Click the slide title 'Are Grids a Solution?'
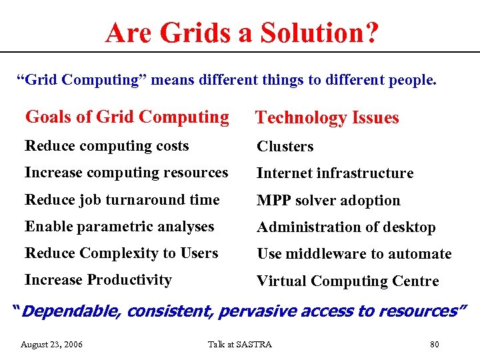click(x=241, y=32)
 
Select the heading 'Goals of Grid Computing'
click(x=127, y=117)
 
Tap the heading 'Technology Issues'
click(x=327, y=118)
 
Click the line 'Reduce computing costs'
click(x=107, y=146)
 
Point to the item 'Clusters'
click(x=285, y=147)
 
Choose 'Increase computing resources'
click(x=126, y=173)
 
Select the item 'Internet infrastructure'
click(x=335, y=173)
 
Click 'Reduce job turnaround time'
click(x=122, y=200)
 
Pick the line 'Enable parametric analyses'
click(x=119, y=227)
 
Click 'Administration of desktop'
click(x=346, y=227)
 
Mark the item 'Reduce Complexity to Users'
click(x=121, y=253)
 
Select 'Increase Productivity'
click(x=98, y=280)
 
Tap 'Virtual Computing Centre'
click(x=347, y=281)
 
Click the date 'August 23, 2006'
click(x=52, y=344)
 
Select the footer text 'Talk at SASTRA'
click(x=240, y=344)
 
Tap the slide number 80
click(x=435, y=344)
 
